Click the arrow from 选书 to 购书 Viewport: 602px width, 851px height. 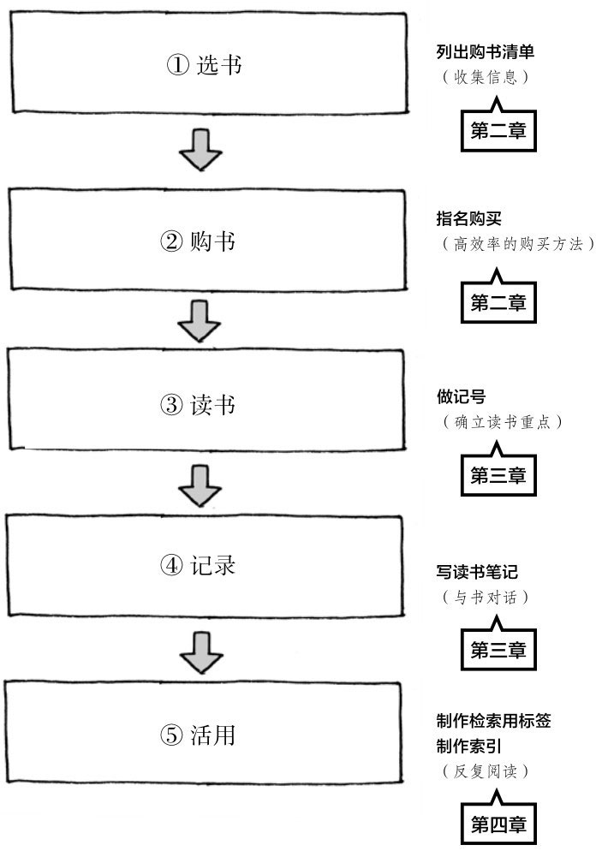pyautogui.click(x=201, y=150)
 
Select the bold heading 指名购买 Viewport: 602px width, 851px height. pyautogui.click(x=468, y=219)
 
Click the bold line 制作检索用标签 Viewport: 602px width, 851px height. pyautogui.click(x=493, y=722)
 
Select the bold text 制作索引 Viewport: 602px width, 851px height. pyautogui.click(x=468, y=746)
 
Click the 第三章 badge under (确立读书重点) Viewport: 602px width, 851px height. pyautogui.click(x=498, y=473)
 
